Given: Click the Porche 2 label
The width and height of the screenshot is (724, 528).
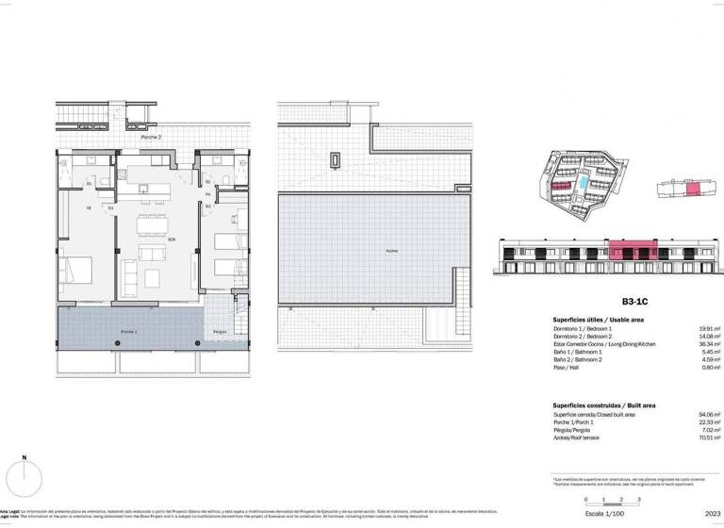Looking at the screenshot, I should [151, 138].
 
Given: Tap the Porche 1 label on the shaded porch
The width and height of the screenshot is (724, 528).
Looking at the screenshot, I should [128, 332].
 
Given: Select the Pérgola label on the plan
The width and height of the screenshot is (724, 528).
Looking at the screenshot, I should [219, 332].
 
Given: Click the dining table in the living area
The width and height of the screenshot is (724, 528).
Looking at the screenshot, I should [151, 224].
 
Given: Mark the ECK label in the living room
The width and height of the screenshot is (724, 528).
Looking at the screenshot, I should [172, 239].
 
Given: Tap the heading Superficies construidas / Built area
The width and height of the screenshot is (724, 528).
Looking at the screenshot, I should [603, 404].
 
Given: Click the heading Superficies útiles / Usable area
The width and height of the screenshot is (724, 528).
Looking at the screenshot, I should [598, 321].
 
